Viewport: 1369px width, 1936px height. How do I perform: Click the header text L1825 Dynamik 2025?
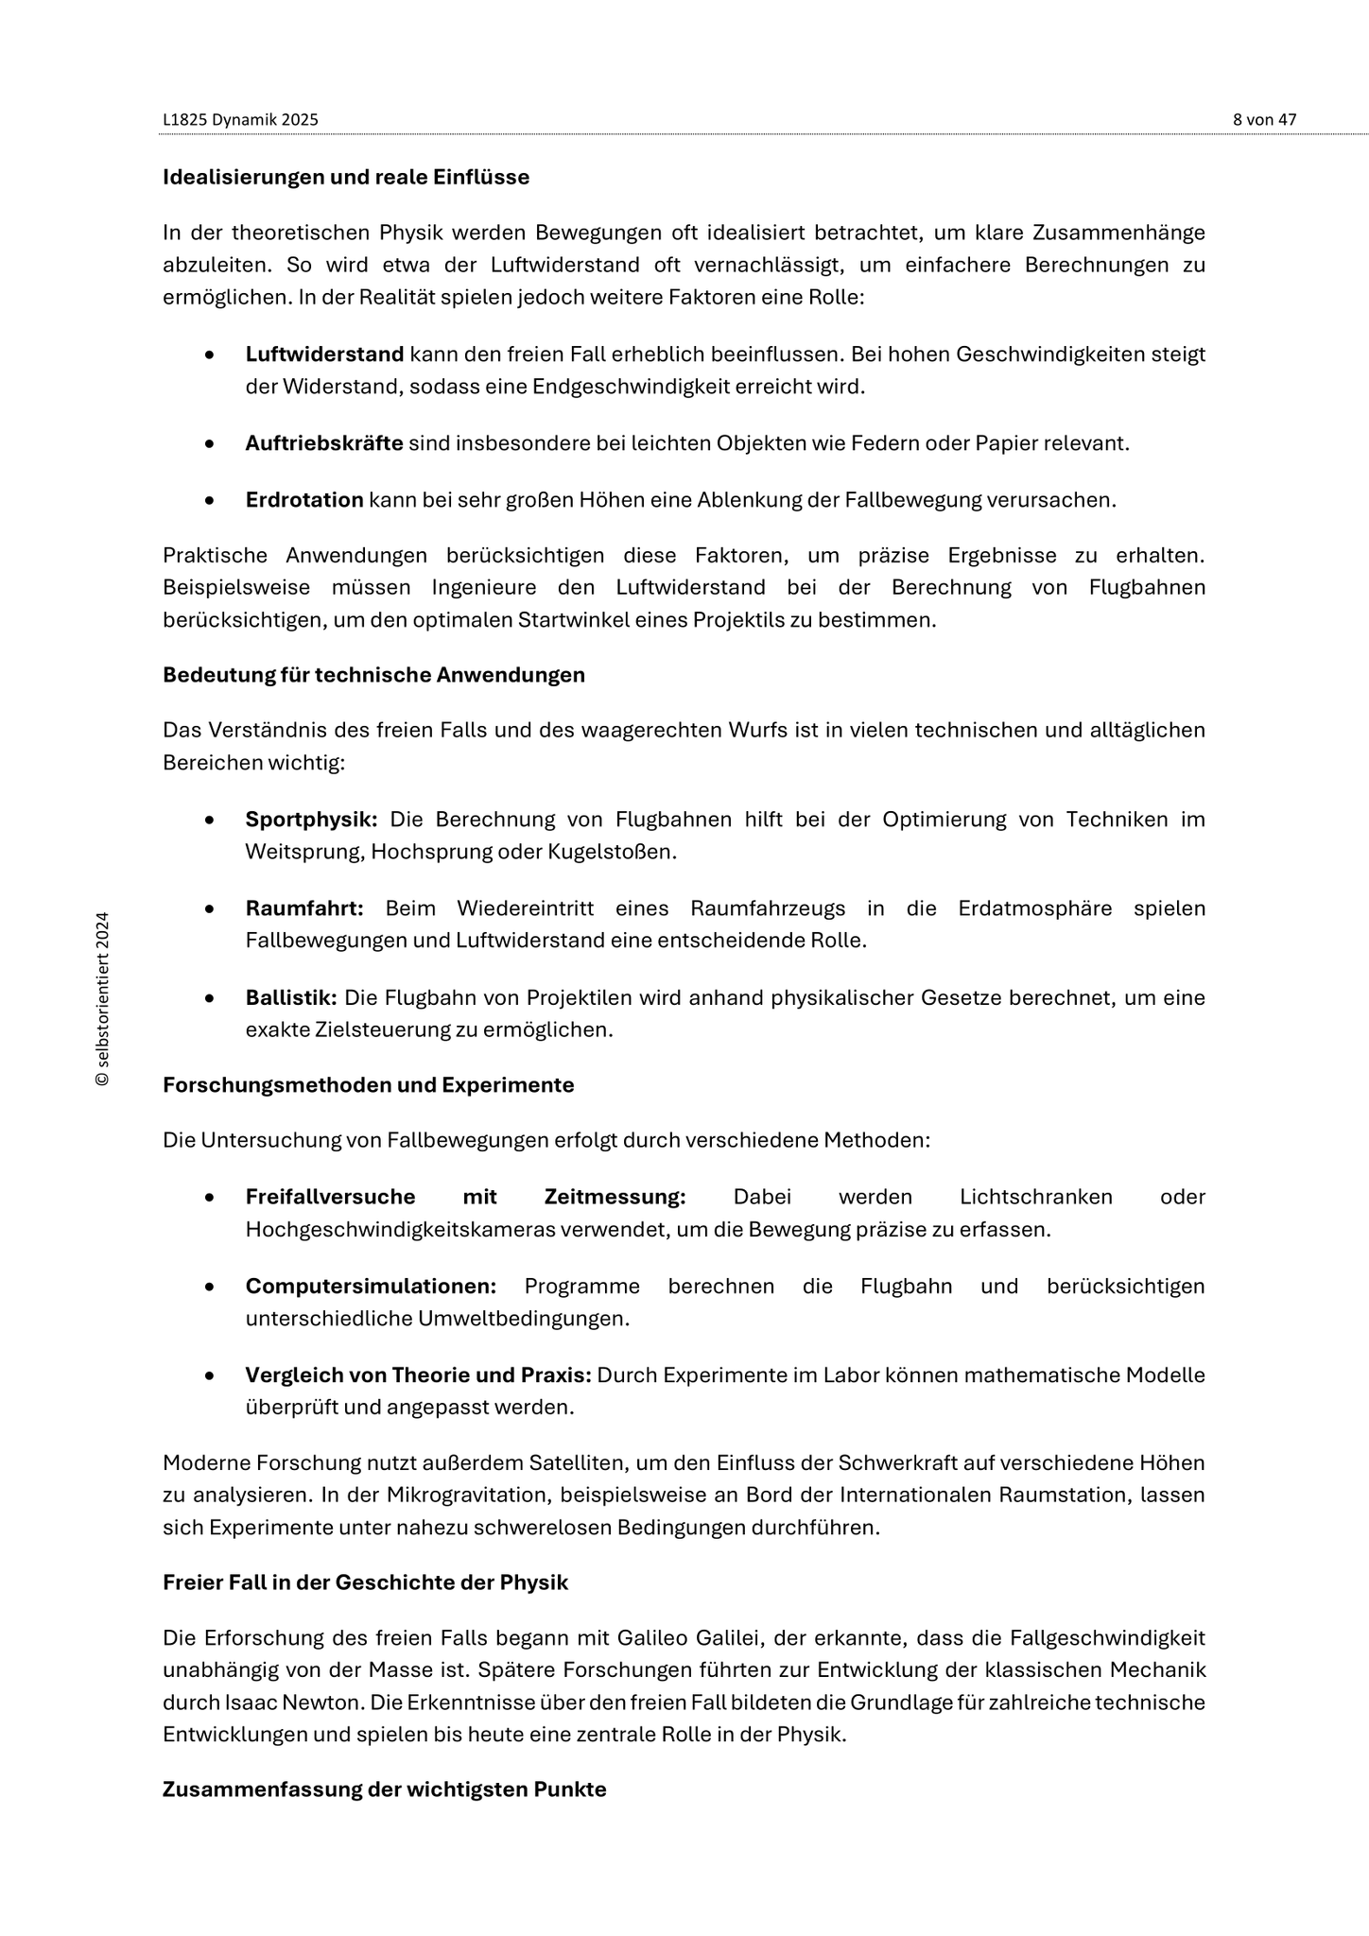tap(240, 120)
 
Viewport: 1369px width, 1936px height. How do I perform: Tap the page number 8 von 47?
tap(1264, 120)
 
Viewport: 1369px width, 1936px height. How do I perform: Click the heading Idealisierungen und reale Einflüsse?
tap(346, 177)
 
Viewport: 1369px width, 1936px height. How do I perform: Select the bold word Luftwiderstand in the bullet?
tap(324, 354)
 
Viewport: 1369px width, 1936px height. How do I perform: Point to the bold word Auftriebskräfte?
tap(324, 443)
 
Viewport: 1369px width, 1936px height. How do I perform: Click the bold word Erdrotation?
tap(304, 500)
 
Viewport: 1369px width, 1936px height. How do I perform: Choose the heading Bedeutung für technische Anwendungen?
tap(373, 675)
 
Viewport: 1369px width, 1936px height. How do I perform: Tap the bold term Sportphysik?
tap(311, 820)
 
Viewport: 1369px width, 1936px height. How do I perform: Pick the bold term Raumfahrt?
tap(304, 908)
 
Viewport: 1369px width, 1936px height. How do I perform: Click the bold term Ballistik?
tap(291, 998)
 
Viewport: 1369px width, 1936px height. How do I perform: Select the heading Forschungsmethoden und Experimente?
tap(369, 1085)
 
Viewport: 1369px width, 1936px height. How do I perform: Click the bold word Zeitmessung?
tap(615, 1197)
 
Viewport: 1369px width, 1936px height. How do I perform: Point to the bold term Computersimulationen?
tap(371, 1287)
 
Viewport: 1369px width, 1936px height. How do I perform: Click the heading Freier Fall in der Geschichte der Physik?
tap(365, 1582)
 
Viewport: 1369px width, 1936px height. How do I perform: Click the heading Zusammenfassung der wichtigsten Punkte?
tap(384, 1789)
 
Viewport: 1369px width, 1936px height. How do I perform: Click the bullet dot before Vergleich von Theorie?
tap(209, 1375)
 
